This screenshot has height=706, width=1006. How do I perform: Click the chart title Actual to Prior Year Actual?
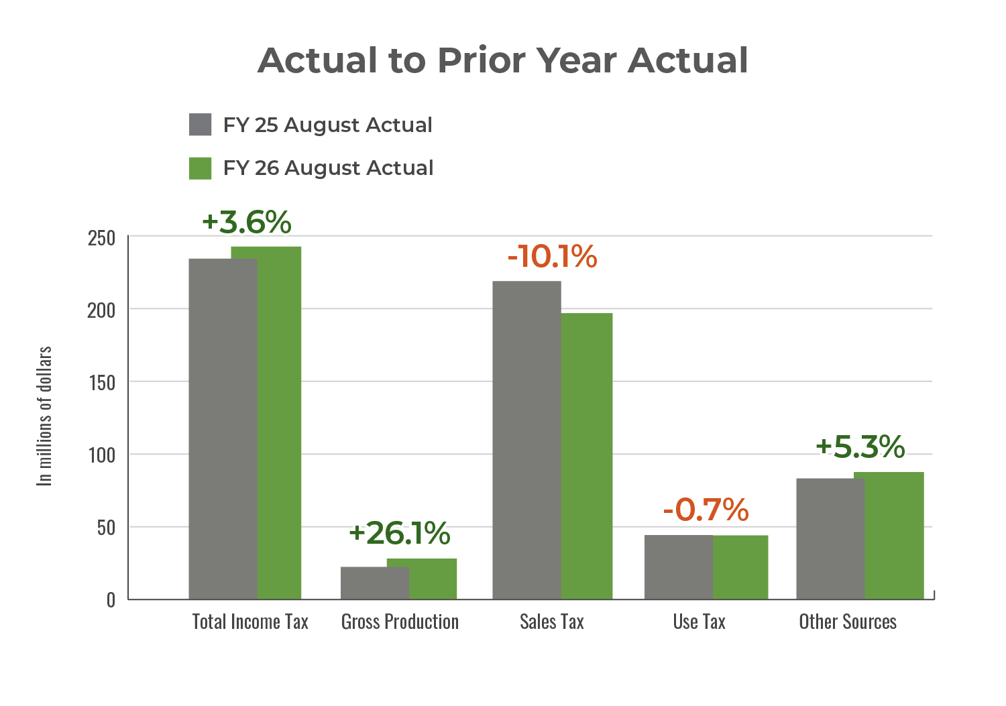click(502, 60)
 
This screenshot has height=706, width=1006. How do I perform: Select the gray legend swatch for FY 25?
click(201, 125)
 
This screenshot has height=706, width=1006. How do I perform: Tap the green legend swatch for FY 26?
click(201, 168)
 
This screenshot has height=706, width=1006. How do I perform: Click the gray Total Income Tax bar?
click(223, 429)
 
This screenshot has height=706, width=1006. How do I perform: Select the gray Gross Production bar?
click(374, 583)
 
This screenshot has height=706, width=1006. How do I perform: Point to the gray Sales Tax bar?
click(526, 440)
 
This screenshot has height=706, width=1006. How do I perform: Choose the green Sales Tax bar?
click(587, 456)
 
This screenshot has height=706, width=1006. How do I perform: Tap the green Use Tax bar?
click(740, 567)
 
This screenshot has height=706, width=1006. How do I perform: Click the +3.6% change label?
click(246, 223)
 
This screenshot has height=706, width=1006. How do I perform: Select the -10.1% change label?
click(552, 257)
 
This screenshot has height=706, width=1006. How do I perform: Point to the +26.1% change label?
click(399, 533)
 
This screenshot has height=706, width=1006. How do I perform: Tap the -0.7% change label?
click(706, 510)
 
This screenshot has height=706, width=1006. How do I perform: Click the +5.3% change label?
click(860, 447)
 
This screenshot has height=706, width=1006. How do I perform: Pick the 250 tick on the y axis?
click(101, 238)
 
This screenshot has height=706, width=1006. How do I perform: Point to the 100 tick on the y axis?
click(101, 455)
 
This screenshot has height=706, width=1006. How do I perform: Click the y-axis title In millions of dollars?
click(44, 416)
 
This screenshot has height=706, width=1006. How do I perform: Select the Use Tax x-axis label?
click(700, 622)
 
